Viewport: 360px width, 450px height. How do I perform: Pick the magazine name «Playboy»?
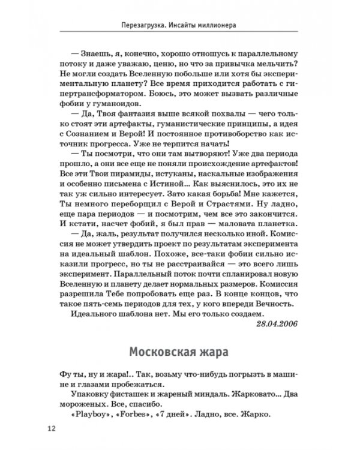point(92,413)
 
